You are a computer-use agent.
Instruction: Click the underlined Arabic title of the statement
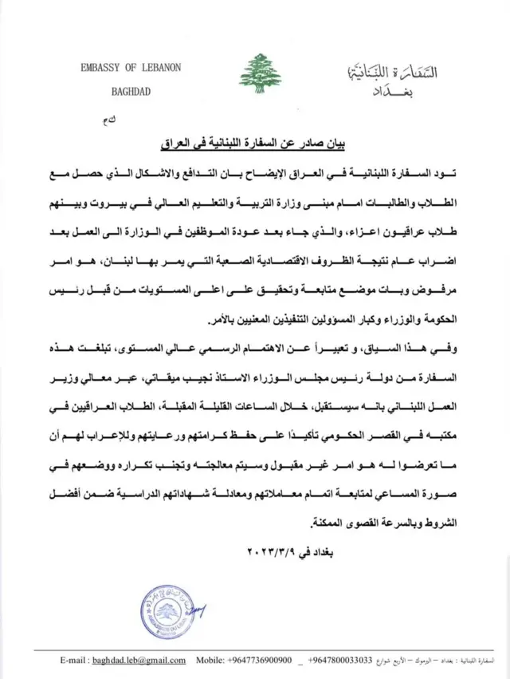254,144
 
